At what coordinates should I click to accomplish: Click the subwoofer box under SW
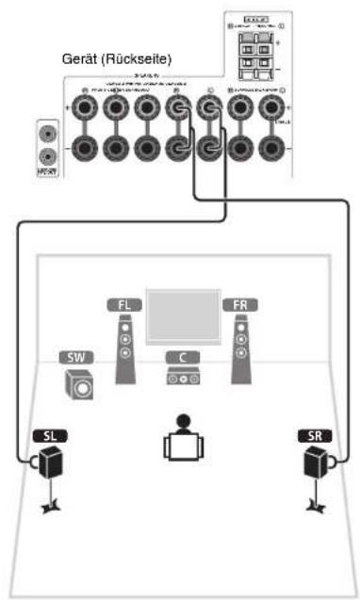[x=79, y=384]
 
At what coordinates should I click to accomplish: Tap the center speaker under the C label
[x=182, y=377]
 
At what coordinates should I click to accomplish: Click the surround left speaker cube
[x=47, y=463]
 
